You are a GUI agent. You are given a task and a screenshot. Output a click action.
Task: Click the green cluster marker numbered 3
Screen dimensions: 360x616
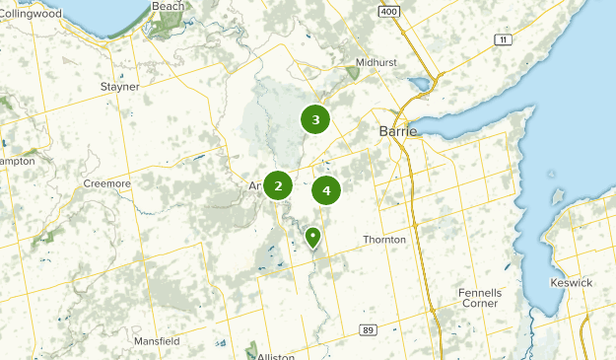(x=315, y=120)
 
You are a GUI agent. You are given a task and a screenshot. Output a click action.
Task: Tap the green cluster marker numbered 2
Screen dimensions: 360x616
(x=279, y=184)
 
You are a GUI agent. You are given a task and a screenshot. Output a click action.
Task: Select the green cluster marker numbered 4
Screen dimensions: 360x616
(x=326, y=189)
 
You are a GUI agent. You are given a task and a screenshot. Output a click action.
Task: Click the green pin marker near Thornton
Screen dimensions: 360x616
(x=312, y=237)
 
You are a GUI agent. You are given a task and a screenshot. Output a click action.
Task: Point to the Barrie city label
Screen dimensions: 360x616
(x=398, y=130)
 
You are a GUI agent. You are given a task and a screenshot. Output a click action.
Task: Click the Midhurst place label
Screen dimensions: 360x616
(x=377, y=62)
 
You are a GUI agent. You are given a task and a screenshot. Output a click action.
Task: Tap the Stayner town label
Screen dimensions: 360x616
(x=120, y=87)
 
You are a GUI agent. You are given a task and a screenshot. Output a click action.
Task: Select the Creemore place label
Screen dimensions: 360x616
(x=106, y=184)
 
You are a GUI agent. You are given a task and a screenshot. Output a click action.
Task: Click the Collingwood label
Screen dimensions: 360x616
(x=31, y=14)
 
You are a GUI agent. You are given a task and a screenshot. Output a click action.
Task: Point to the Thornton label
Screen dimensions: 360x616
(x=384, y=240)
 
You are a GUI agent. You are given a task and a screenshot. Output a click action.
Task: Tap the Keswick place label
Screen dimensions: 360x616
(x=572, y=283)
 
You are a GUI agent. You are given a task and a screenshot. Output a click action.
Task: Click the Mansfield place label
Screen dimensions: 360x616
(x=157, y=341)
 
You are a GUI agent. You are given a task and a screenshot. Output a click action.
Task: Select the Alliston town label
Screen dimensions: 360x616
(x=276, y=355)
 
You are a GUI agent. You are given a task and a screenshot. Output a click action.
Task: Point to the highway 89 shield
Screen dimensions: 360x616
(x=368, y=328)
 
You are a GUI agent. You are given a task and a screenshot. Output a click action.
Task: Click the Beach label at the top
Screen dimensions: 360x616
(x=169, y=6)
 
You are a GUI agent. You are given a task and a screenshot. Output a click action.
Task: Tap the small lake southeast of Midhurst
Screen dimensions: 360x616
(x=421, y=83)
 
